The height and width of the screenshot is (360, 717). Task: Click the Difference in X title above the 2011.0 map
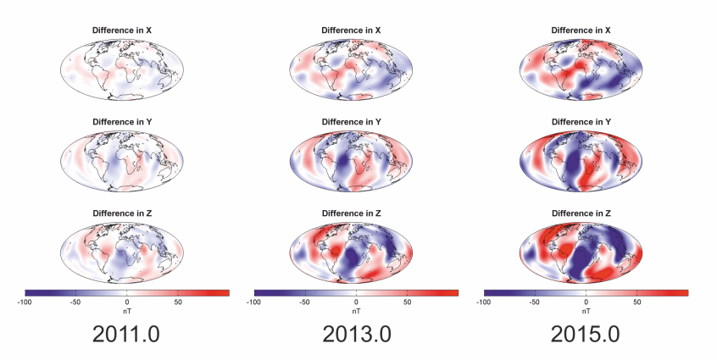pyautogui.click(x=126, y=30)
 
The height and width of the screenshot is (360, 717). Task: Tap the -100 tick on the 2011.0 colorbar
pyautogui.click(x=25, y=302)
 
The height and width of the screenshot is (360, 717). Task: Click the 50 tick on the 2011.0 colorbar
pyautogui.click(x=178, y=302)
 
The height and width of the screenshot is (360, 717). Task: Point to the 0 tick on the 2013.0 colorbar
pyautogui.click(x=357, y=302)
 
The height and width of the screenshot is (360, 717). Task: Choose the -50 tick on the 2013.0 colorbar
pyautogui.click(x=305, y=302)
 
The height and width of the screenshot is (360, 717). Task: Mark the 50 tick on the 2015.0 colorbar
pyautogui.click(x=636, y=302)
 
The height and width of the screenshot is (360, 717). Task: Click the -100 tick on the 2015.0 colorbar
pyautogui.click(x=484, y=302)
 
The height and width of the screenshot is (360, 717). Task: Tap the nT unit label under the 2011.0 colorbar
pyautogui.click(x=127, y=310)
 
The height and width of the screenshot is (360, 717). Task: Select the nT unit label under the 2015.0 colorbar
pyautogui.click(x=586, y=310)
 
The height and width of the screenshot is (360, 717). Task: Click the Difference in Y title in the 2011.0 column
pyautogui.click(x=126, y=122)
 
